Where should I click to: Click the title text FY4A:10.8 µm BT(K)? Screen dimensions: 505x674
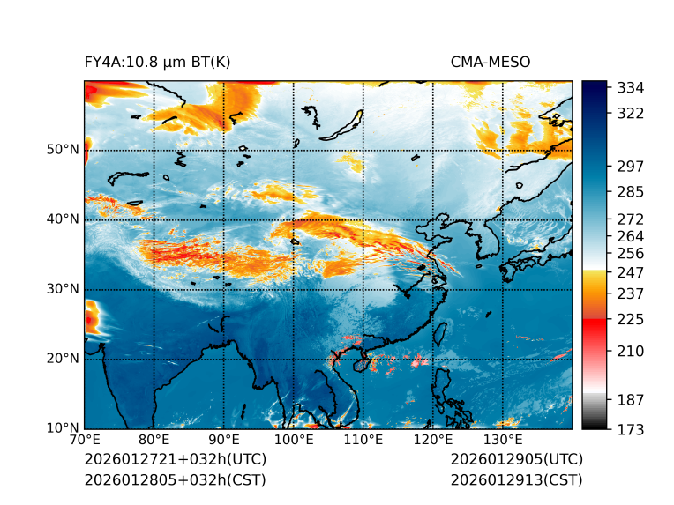158,62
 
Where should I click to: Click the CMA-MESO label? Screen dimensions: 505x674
491,62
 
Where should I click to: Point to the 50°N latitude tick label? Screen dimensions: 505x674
63,150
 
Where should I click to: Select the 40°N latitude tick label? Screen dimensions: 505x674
63,219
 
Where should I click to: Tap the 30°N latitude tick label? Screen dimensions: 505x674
63,289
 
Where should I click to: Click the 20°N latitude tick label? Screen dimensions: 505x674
63,359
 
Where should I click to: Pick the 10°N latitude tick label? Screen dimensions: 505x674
63,428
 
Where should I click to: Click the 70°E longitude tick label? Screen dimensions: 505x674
85,441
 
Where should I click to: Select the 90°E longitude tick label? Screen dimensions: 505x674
224,441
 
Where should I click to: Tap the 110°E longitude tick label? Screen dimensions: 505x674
363,441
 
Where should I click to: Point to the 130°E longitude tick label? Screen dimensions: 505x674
503,441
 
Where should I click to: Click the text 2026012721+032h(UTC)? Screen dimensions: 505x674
175,460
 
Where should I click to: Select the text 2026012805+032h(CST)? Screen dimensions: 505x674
175,480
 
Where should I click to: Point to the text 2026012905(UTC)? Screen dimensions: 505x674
516,460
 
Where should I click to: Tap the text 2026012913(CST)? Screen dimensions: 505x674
516,480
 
